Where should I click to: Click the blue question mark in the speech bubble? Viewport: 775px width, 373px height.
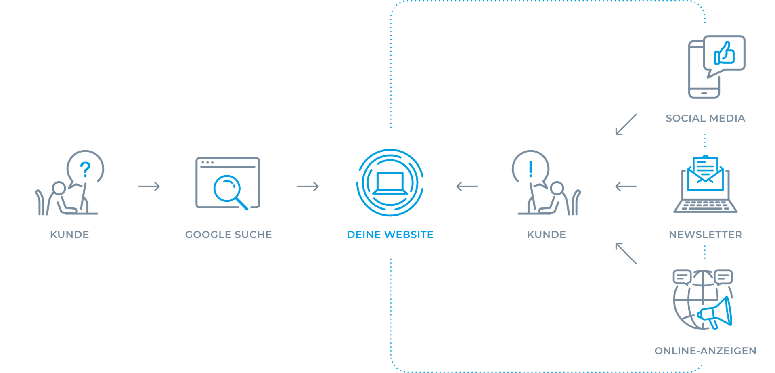(85, 169)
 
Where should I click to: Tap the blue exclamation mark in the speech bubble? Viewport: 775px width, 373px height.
(531, 169)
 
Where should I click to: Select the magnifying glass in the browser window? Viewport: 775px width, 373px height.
(228, 190)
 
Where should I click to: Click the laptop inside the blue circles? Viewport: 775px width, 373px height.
(390, 183)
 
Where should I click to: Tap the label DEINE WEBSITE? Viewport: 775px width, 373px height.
(390, 235)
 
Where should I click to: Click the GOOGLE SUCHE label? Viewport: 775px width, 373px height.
(228, 235)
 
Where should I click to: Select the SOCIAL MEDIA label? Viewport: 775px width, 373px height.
(705, 118)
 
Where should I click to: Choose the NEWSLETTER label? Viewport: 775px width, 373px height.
(705, 235)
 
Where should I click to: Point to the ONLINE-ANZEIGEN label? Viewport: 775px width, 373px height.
(705, 351)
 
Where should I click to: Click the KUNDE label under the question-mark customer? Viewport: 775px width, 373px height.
(69, 235)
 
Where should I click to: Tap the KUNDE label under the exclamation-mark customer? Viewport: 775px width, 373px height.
(547, 235)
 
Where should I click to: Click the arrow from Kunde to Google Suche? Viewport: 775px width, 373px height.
(149, 186)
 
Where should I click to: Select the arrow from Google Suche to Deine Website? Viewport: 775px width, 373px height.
(308, 186)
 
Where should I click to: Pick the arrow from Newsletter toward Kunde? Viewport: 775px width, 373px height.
(626, 186)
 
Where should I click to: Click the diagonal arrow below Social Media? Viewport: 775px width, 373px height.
(626, 124)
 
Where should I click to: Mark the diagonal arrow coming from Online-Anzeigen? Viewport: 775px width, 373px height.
(626, 253)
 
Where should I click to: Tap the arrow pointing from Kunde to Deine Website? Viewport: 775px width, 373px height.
(467, 186)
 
